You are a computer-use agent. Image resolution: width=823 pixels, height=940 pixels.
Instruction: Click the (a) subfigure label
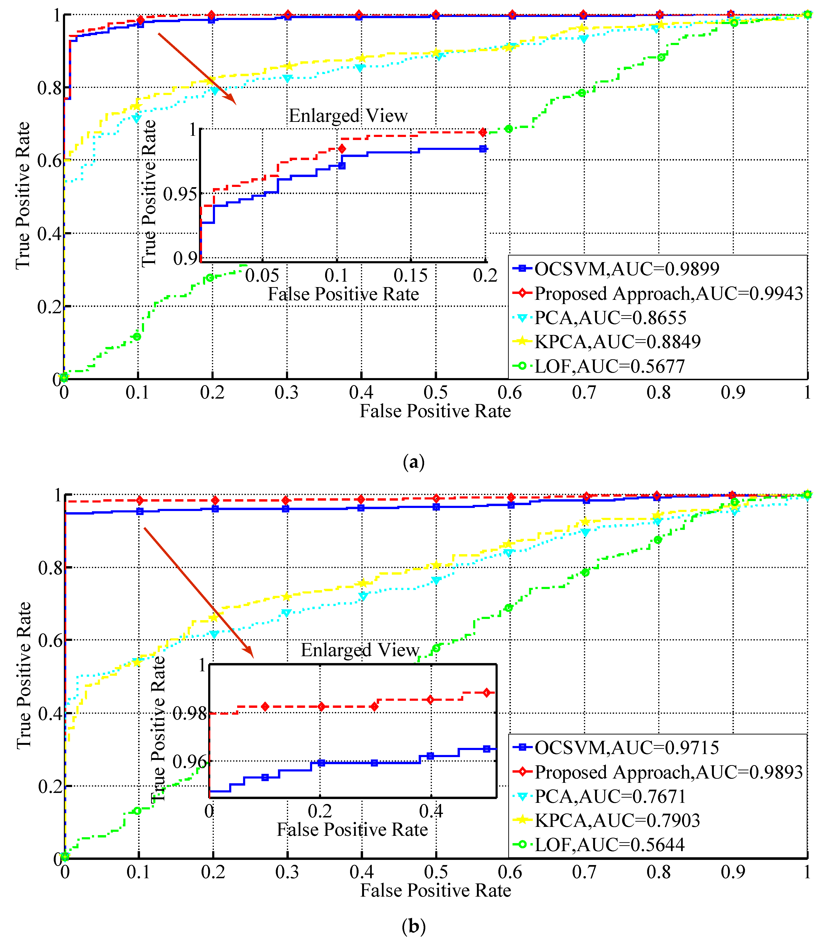pyautogui.click(x=413, y=462)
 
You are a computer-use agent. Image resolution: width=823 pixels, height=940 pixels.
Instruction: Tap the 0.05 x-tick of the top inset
pyautogui.click(x=262, y=276)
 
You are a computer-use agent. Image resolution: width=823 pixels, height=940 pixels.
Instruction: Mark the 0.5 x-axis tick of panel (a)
pyautogui.click(x=435, y=393)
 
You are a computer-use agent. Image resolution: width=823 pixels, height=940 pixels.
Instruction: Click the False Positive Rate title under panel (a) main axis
pyautogui.click(x=435, y=411)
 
